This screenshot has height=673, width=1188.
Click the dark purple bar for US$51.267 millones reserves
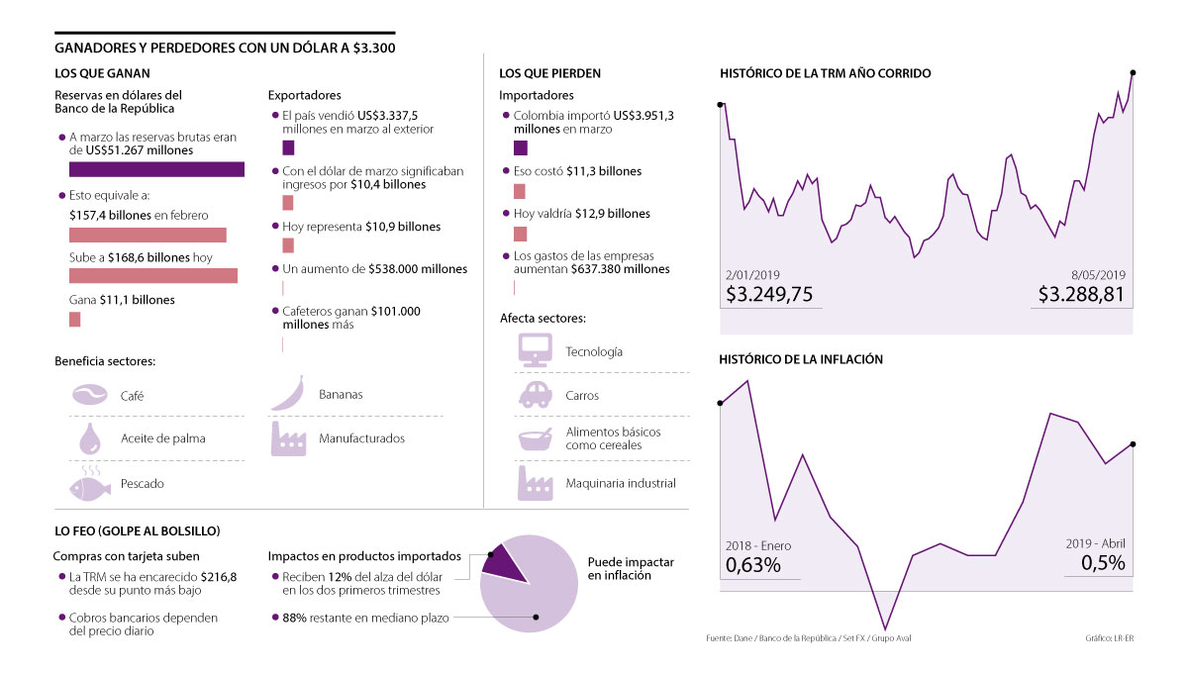pos(156,169)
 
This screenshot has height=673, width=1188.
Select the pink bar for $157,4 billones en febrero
pos(148,236)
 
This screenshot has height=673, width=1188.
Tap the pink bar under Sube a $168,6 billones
pos(153,276)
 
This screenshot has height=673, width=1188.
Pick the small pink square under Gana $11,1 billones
pos(74,319)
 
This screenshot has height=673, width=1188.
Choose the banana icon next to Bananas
pos(287,393)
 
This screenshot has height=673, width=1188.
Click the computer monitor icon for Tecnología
pos(535,349)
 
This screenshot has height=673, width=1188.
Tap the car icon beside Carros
pos(535,395)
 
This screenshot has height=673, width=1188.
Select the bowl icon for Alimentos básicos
pos(535,438)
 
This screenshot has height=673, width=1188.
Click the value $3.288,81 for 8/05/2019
pos(1082,295)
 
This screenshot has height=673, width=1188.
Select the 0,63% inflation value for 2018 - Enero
pos(753,565)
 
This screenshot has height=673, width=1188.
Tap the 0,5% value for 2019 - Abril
pos(1103,563)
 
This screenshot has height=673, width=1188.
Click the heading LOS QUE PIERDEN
pos(549,73)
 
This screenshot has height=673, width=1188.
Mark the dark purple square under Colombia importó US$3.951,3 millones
pos(521,148)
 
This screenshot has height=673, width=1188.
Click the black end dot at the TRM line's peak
pos(1132,72)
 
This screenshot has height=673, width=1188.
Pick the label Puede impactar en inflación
pos(631,568)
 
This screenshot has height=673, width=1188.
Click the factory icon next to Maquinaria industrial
pos(535,482)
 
